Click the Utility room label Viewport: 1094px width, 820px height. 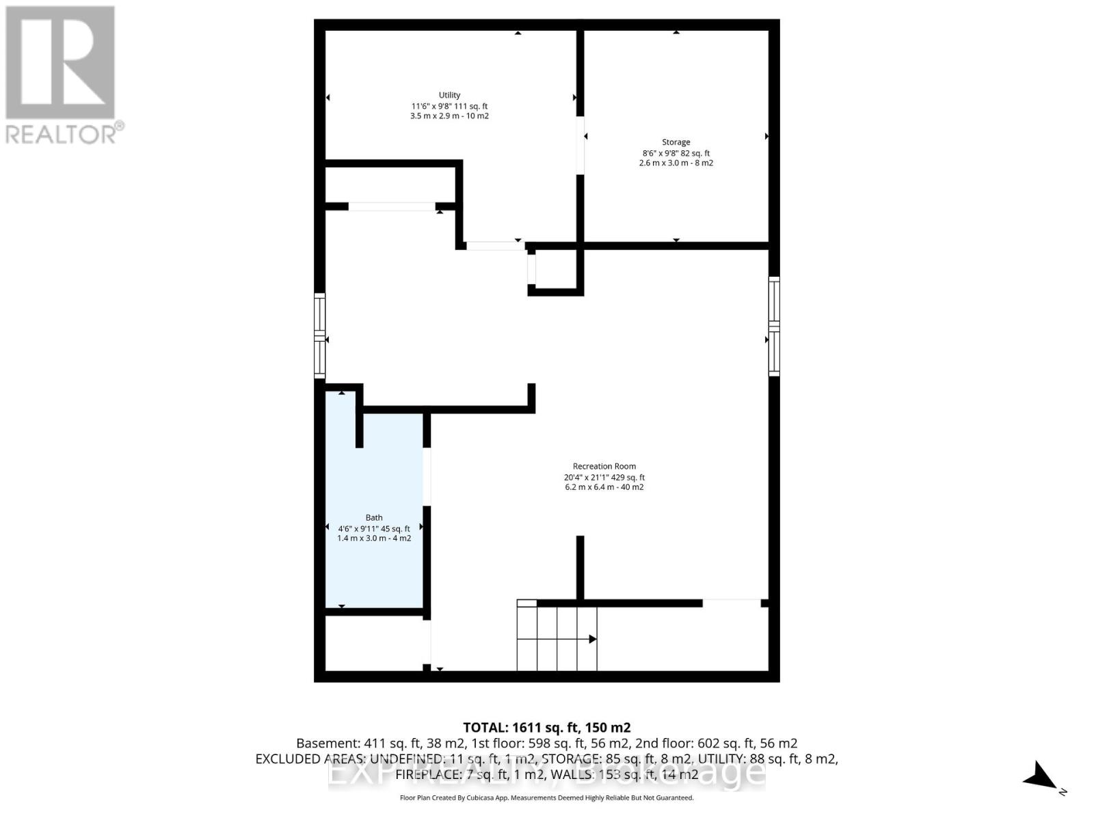(x=449, y=95)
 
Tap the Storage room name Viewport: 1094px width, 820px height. (x=676, y=142)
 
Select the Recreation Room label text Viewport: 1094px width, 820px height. (x=604, y=466)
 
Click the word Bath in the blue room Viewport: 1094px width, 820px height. (x=374, y=517)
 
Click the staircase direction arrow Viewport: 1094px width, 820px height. (x=592, y=639)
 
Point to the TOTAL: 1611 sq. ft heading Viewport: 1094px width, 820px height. (x=546, y=728)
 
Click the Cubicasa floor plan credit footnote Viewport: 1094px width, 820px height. (x=546, y=797)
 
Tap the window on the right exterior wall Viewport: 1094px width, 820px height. (x=774, y=326)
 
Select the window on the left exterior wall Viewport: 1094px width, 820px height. (x=319, y=335)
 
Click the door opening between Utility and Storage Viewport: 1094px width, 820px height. (x=580, y=145)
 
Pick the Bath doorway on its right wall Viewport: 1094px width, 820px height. (x=427, y=476)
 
